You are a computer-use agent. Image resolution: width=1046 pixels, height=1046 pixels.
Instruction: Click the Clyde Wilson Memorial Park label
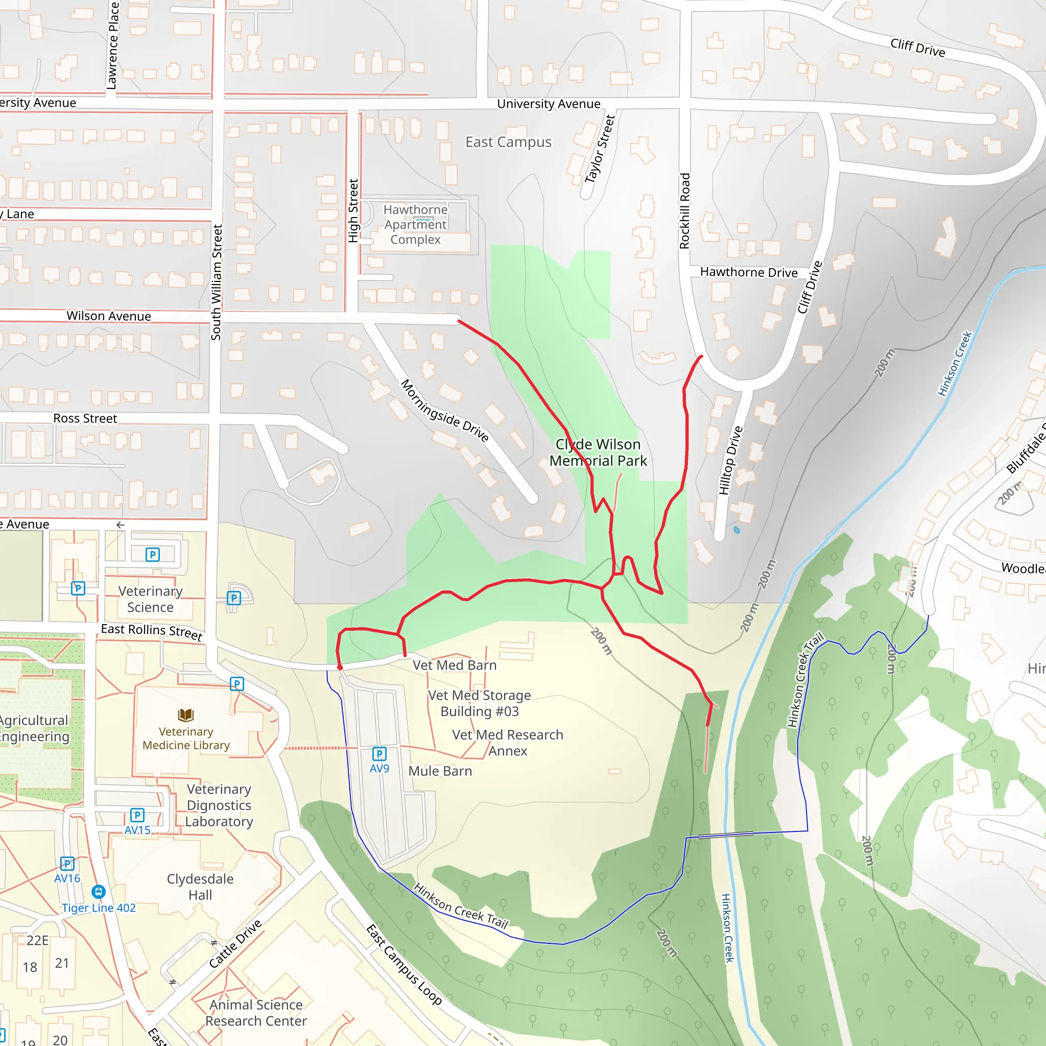click(598, 453)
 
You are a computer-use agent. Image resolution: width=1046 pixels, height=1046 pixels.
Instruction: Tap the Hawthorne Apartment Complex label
click(415, 225)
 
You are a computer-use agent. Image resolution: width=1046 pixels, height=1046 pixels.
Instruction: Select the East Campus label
click(508, 142)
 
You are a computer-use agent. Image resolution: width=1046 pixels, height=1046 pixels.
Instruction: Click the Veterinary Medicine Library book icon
click(186, 715)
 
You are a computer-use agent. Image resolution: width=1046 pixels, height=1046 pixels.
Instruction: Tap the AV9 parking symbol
click(379, 754)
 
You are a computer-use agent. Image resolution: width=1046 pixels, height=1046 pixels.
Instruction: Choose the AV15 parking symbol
click(137, 815)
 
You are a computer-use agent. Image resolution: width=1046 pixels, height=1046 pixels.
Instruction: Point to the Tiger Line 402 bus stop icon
click(99, 891)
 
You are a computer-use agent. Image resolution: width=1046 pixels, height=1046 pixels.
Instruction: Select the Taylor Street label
click(600, 149)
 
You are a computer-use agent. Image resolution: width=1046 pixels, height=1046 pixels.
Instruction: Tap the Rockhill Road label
click(685, 211)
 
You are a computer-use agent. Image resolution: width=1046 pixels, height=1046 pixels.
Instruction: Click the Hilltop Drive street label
click(730, 460)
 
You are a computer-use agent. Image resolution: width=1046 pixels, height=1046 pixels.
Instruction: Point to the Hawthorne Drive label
click(749, 272)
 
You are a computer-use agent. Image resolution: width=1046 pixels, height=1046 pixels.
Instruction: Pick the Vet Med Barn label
click(455, 665)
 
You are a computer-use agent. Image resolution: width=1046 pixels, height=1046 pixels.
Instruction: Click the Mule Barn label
click(440, 771)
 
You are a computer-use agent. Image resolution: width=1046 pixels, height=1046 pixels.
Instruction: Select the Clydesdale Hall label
click(200, 887)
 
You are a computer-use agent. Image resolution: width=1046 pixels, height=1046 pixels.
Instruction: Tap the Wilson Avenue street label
click(109, 316)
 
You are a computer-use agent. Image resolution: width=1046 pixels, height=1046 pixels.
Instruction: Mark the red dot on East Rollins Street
click(340, 668)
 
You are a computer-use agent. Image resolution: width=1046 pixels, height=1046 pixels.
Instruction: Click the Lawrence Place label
click(112, 46)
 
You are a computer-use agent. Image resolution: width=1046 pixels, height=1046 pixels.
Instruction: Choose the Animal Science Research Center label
click(256, 1013)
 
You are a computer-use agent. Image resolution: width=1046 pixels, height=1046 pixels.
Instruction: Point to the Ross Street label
click(85, 418)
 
